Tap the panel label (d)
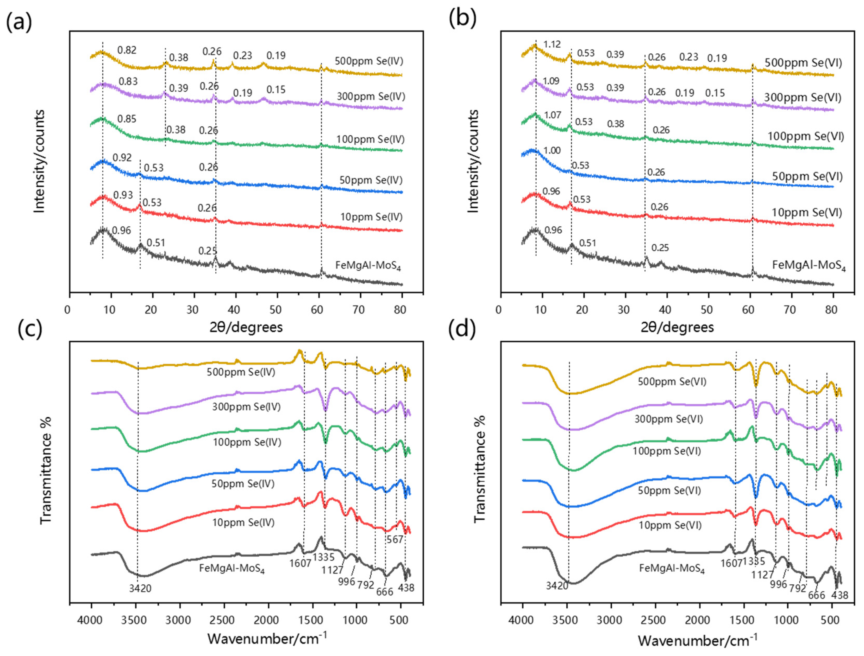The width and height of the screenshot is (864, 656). point(462,329)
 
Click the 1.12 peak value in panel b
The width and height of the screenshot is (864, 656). point(552,44)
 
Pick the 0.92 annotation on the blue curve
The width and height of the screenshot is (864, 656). point(122,157)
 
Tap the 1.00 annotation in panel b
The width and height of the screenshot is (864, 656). point(552,150)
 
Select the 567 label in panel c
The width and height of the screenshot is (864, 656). point(395,540)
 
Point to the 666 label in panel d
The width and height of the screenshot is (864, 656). point(816,595)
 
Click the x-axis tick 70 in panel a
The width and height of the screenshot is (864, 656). point(358,310)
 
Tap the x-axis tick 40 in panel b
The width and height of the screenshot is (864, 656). point(665,310)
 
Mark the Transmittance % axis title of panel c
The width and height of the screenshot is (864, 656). point(46,470)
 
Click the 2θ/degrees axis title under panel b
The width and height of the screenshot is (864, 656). point(677,327)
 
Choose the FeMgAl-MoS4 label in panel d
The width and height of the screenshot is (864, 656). point(672,569)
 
